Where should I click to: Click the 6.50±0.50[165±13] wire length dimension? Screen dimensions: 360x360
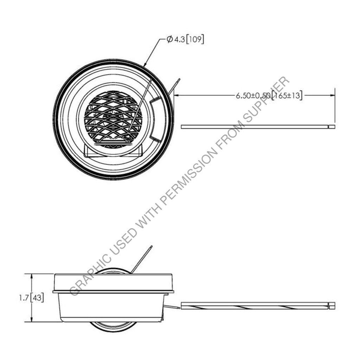(269, 95)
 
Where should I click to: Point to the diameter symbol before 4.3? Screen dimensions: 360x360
(169, 40)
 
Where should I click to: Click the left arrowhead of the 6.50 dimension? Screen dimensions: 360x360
(176, 95)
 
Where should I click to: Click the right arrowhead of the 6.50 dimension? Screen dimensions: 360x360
(333, 95)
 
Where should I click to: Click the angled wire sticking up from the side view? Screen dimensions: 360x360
(141, 259)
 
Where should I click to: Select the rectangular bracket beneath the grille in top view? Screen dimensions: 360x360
(113, 151)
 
